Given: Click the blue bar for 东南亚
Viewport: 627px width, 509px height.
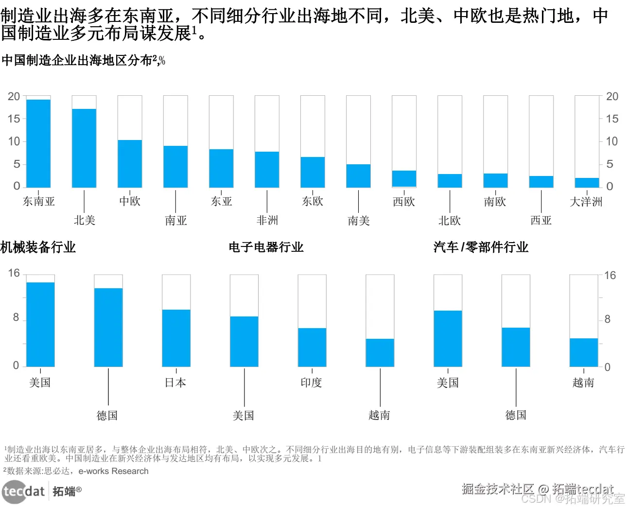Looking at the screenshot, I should tap(38, 143).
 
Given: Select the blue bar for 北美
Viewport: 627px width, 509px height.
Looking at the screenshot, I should tap(84, 148).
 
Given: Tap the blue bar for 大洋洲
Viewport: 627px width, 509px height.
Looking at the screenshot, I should tap(587, 183).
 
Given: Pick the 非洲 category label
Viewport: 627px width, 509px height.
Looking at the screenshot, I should tap(267, 221).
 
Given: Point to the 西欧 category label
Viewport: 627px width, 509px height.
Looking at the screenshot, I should tap(404, 202).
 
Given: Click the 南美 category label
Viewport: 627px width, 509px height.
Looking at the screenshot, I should tap(359, 221).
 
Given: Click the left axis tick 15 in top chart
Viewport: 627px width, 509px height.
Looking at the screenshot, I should tap(14, 119).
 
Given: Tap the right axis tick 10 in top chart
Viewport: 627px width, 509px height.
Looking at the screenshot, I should tap(612, 141).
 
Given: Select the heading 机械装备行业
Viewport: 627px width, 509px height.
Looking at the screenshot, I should tap(38, 247).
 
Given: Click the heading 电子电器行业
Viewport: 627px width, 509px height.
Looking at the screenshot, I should tap(266, 247).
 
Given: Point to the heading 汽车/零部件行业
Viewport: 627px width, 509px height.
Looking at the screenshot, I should tap(481, 247).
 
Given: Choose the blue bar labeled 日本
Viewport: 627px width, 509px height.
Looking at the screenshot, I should tap(176, 338).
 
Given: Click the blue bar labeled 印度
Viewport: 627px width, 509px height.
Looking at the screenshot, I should tap(312, 347).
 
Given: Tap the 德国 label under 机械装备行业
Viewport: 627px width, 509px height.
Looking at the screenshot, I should tap(107, 416).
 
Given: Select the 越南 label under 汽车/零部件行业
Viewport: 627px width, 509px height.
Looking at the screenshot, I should tap(583, 383).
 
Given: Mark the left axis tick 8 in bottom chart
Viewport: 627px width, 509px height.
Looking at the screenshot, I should tap(16, 317).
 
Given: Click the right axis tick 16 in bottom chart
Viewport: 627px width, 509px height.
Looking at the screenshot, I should tap(610, 276).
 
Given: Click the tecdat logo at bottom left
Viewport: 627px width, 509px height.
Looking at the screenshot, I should tap(23, 491).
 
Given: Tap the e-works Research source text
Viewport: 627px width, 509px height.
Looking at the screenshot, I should tap(113, 471).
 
